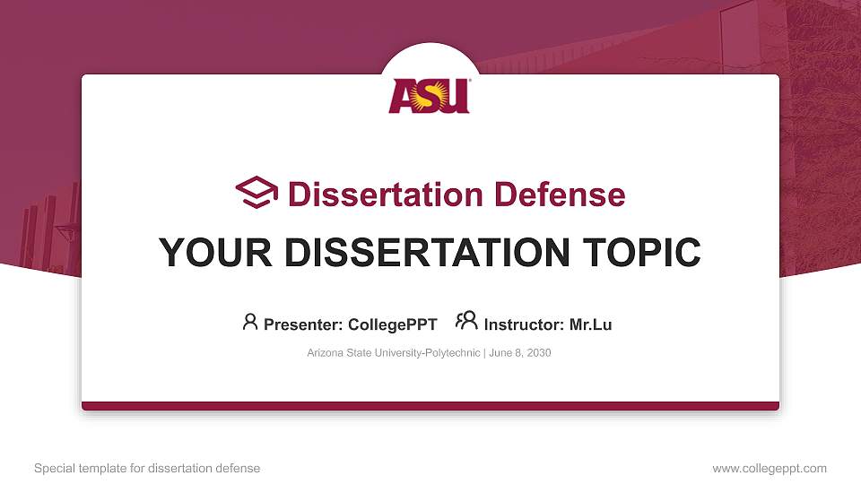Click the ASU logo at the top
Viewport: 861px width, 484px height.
point(430,96)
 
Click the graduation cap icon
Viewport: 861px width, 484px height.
point(257,193)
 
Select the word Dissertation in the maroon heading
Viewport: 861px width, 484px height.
point(375,194)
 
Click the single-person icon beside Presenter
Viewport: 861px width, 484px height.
point(250,321)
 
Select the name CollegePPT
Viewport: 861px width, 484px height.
point(393,324)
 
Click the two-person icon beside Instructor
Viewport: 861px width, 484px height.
point(466,321)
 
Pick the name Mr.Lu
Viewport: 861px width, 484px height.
point(590,324)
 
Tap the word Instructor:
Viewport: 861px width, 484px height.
point(524,324)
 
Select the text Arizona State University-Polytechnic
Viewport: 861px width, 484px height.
point(393,353)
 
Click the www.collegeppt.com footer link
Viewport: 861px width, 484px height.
point(769,468)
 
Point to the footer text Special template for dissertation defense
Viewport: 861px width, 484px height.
point(146,468)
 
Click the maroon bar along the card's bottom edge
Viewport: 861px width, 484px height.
point(430,406)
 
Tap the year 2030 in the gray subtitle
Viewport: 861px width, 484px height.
point(538,353)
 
